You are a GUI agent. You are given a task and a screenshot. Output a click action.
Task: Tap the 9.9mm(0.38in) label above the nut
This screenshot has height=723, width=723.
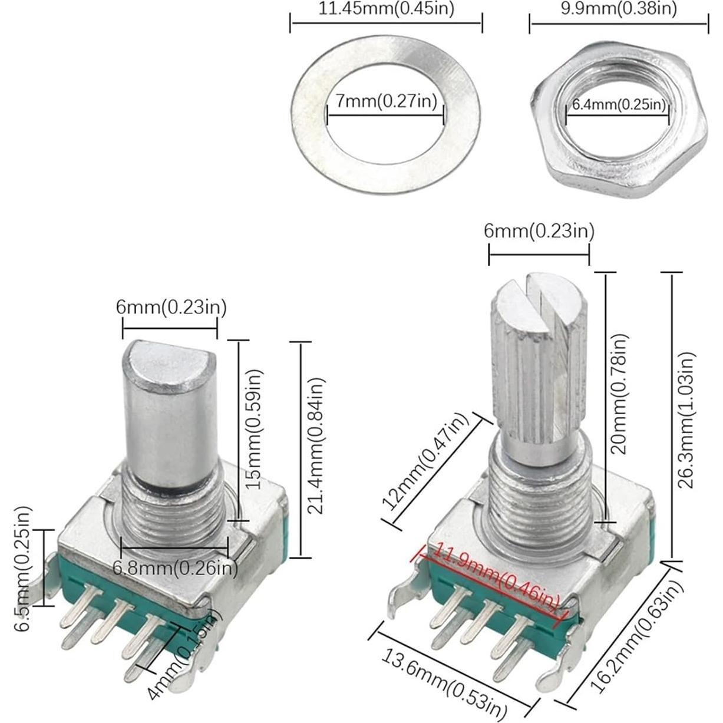coord(618,8)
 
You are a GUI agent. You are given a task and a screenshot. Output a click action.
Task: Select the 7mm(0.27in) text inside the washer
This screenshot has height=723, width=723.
coord(386,101)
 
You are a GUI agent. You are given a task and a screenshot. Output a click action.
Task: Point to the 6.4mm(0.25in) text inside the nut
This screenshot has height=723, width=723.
coord(619,105)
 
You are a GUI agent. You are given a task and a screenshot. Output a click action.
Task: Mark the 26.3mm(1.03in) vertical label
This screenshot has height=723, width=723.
coord(686,420)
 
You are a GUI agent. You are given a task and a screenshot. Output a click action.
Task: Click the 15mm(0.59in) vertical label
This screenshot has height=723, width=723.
coord(253,428)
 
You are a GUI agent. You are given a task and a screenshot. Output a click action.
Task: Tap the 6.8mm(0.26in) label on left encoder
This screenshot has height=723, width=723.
coord(175,569)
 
